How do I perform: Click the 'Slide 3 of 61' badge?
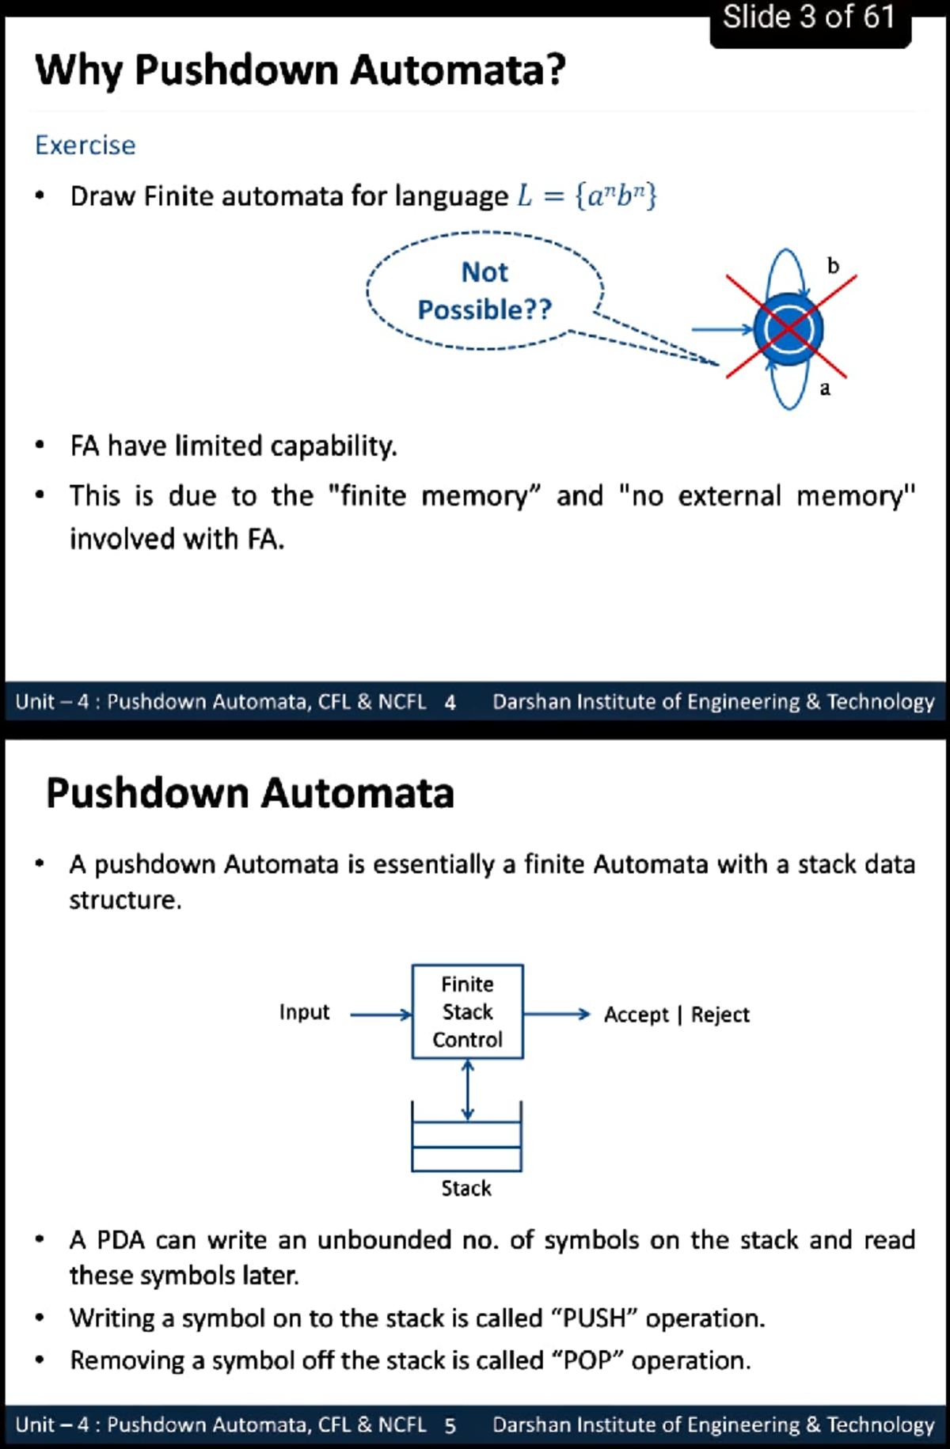tap(809, 17)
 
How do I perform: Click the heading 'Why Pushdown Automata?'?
tap(301, 70)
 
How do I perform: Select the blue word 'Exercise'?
tap(85, 146)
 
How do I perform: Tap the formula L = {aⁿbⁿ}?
tap(587, 195)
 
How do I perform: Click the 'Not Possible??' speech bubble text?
tap(484, 290)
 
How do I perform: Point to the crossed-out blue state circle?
tap(788, 329)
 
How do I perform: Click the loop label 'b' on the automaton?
tap(833, 266)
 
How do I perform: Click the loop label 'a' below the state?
tap(825, 388)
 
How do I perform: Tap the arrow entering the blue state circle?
tap(720, 329)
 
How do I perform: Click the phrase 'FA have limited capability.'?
tap(234, 446)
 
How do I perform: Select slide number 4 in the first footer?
tap(450, 702)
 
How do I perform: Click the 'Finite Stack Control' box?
tap(467, 1011)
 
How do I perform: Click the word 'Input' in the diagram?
tap(304, 1012)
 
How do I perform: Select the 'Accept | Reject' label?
tap(676, 1015)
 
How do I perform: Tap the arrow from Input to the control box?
tap(381, 1015)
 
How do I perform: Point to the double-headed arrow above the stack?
tap(468, 1090)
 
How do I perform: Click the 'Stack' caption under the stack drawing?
tap(466, 1188)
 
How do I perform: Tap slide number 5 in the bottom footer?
tap(450, 1425)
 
